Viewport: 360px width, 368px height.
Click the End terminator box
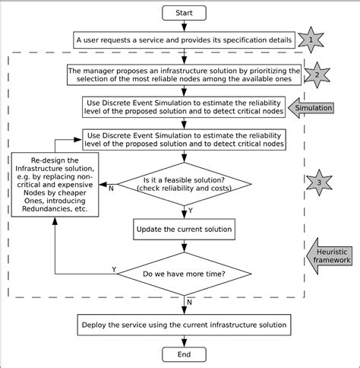183,355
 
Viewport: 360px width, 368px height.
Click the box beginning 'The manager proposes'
183,75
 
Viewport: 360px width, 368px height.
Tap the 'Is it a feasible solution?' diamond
183,183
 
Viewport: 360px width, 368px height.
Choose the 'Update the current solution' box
183,229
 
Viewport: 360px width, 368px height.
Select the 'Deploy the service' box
183,325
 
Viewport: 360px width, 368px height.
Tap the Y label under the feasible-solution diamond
190,211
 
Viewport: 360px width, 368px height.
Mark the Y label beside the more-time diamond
113,269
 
